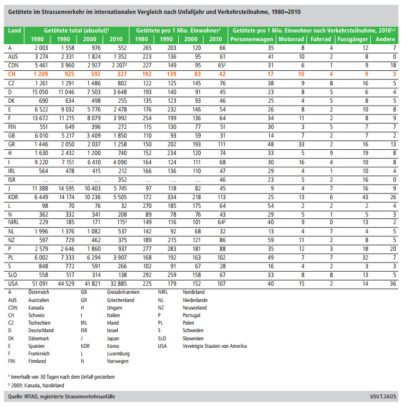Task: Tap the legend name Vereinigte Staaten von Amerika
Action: pos(211,346)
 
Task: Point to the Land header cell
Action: pos(15,29)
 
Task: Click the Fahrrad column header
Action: pos(321,39)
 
